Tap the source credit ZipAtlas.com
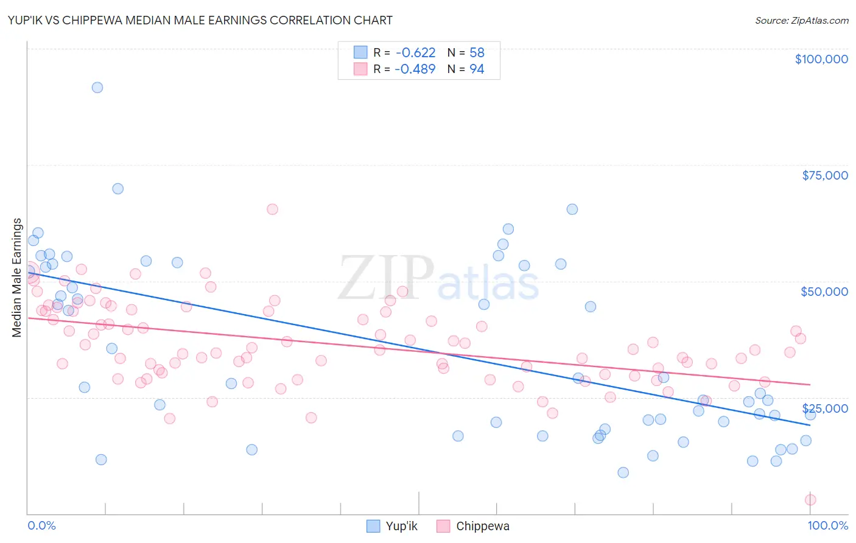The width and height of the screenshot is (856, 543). (x=801, y=20)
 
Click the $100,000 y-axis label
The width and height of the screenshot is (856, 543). (x=821, y=59)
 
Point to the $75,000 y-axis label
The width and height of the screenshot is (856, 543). (x=824, y=175)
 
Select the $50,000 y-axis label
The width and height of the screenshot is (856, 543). (x=824, y=292)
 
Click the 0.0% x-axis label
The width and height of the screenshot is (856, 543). (x=41, y=525)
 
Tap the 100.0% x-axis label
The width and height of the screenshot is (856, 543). (x=827, y=525)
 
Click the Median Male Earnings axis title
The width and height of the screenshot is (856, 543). (x=17, y=278)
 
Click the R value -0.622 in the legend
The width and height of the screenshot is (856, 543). (x=415, y=52)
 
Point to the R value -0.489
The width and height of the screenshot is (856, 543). (x=415, y=69)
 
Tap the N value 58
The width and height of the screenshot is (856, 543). (x=477, y=52)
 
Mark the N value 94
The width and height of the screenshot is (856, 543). (x=477, y=69)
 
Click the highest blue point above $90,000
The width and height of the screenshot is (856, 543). (x=97, y=87)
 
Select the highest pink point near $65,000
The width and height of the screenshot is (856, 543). (x=272, y=209)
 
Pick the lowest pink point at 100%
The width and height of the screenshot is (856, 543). (x=810, y=500)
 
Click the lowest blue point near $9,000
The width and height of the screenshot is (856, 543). (x=623, y=472)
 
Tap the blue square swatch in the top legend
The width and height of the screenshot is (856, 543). (x=360, y=52)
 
